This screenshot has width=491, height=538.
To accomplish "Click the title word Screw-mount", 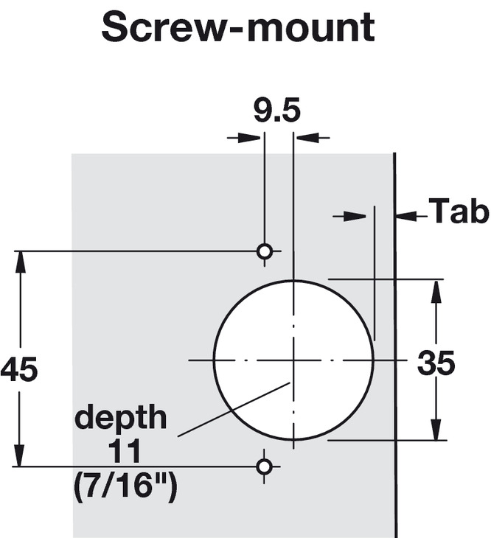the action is click(x=238, y=29).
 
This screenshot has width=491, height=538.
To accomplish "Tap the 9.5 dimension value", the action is click(x=276, y=112).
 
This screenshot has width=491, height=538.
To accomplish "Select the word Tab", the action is click(x=459, y=212).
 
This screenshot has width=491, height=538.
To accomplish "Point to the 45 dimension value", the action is click(x=18, y=371).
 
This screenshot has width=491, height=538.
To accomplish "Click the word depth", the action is click(x=121, y=419).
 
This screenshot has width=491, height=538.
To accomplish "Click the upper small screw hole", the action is click(x=264, y=251).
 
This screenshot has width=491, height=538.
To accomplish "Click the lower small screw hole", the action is click(x=264, y=466).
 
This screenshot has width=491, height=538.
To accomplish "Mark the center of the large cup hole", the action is click(x=293, y=360).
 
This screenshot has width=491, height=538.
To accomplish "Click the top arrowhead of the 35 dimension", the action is click(x=436, y=288).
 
